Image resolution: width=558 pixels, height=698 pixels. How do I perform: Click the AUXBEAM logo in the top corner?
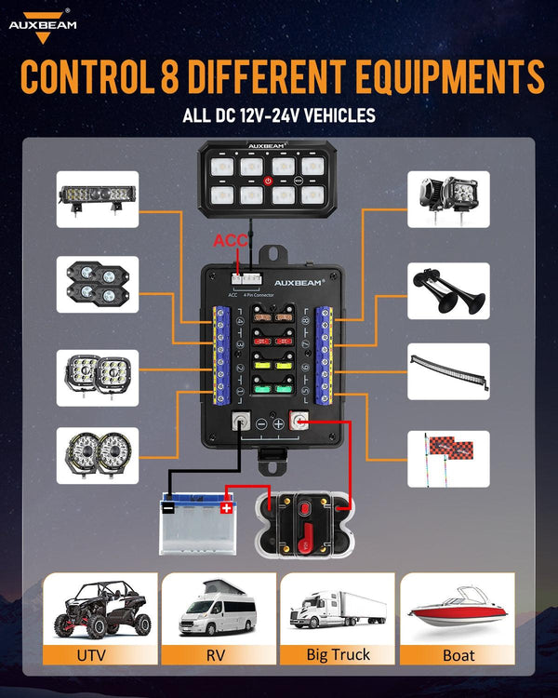[x=43, y=20]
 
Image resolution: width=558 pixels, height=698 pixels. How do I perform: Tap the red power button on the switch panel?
[x=267, y=181]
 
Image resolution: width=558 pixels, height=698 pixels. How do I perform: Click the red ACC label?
[x=231, y=241]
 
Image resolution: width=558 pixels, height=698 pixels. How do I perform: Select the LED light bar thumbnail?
[x=98, y=198]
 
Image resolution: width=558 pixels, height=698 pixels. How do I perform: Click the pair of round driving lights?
[x=98, y=455]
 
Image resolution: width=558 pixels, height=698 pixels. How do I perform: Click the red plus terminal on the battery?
[x=226, y=508]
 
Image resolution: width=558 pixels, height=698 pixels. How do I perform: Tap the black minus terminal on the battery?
[x=168, y=508]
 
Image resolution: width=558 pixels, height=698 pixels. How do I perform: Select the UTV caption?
[x=93, y=655]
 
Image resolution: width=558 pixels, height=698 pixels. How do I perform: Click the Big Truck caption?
[x=338, y=655]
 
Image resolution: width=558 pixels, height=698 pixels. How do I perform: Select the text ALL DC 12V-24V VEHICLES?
[x=279, y=116]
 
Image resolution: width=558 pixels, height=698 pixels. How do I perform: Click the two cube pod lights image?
[x=448, y=198]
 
